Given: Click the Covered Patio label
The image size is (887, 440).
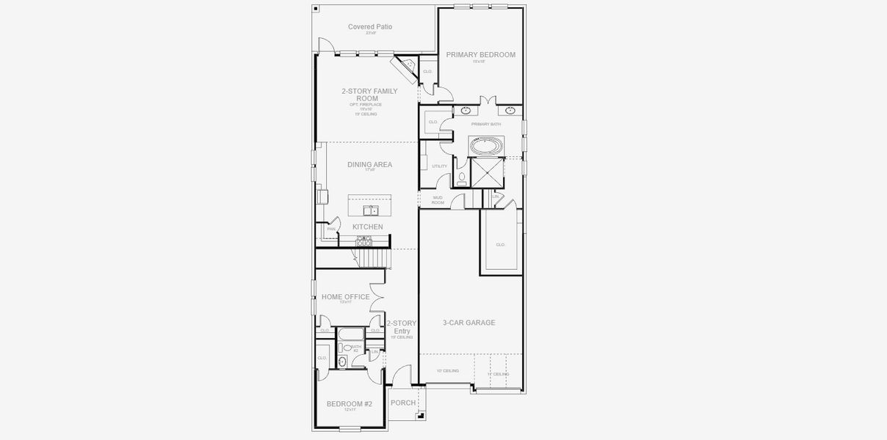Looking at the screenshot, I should point(370,27).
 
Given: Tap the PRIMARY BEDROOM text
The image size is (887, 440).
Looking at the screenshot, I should point(480,55).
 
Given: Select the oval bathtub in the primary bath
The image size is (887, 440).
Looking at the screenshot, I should point(485,146).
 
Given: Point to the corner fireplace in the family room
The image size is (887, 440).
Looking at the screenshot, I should point(404,67).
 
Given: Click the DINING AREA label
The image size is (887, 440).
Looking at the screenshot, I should point(369,165).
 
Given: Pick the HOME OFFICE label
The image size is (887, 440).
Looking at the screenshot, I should point(345,297).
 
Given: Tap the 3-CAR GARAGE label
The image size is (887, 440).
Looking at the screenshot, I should point(468,323).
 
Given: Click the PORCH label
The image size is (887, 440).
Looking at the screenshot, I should point(402,403).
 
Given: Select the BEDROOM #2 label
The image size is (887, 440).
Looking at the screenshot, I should point(349,404).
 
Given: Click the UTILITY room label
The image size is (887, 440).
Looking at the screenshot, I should point(439,166).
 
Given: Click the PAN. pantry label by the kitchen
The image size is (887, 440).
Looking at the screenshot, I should point(331,229).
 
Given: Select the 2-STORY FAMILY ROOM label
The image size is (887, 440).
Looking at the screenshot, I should point(369,95).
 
